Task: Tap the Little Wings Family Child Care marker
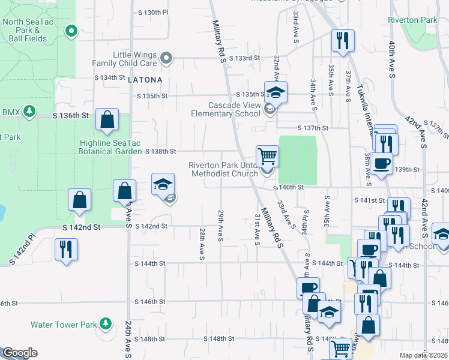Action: coord(167,59)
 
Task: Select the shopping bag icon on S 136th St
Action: coord(107,119)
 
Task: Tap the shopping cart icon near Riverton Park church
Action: coord(268,156)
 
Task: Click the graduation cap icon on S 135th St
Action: coord(276,92)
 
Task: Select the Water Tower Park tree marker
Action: coord(106,325)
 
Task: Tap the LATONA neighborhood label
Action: coord(145,79)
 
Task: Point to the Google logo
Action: coord(20,353)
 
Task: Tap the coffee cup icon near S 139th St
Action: coord(381,163)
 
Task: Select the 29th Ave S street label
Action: coord(220,223)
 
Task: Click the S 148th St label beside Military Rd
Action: coord(218,339)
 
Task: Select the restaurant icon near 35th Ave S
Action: coord(342,41)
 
